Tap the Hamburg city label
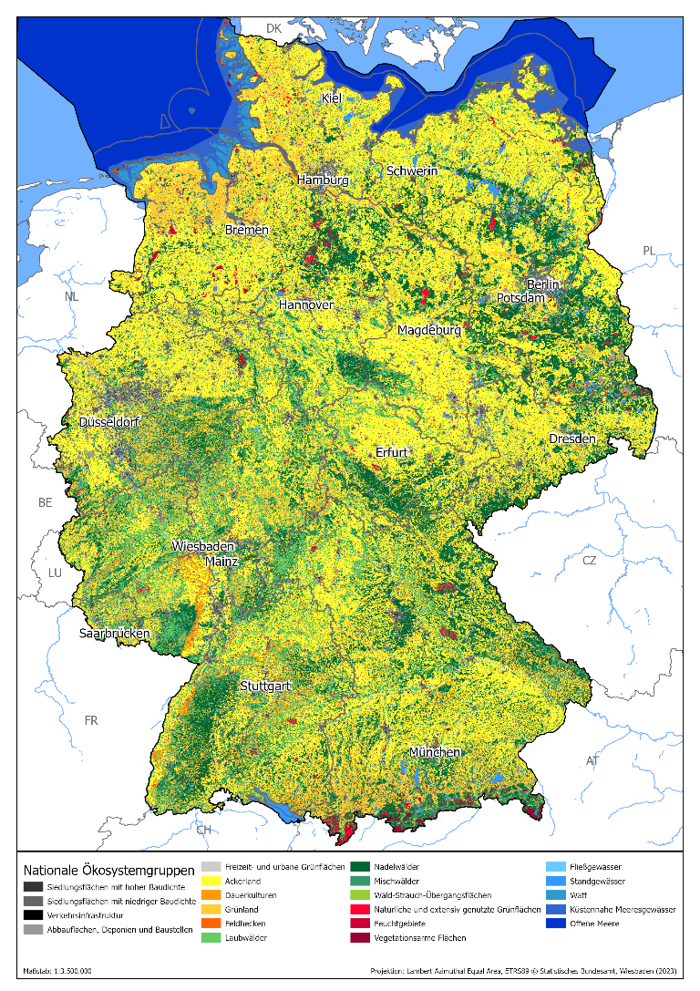click(323, 181)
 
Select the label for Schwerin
click(412, 170)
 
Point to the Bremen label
click(247, 230)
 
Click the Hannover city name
click(306, 305)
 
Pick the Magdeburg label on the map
click(429, 330)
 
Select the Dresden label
click(572, 439)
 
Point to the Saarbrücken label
click(115, 633)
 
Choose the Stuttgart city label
click(265, 685)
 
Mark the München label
click(434, 752)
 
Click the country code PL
click(648, 250)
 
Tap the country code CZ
click(590, 560)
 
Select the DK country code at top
click(273, 29)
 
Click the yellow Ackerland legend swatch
click(211, 881)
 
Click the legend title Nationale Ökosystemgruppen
click(108, 870)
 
